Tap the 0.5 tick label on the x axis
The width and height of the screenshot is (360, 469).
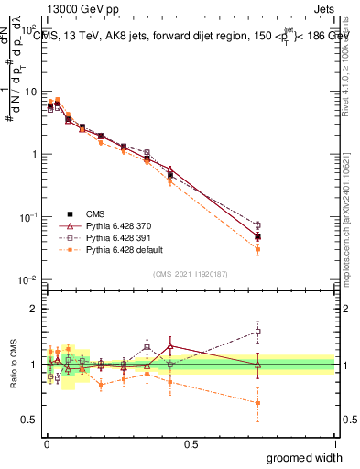191,442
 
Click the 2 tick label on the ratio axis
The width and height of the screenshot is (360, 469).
34,309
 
